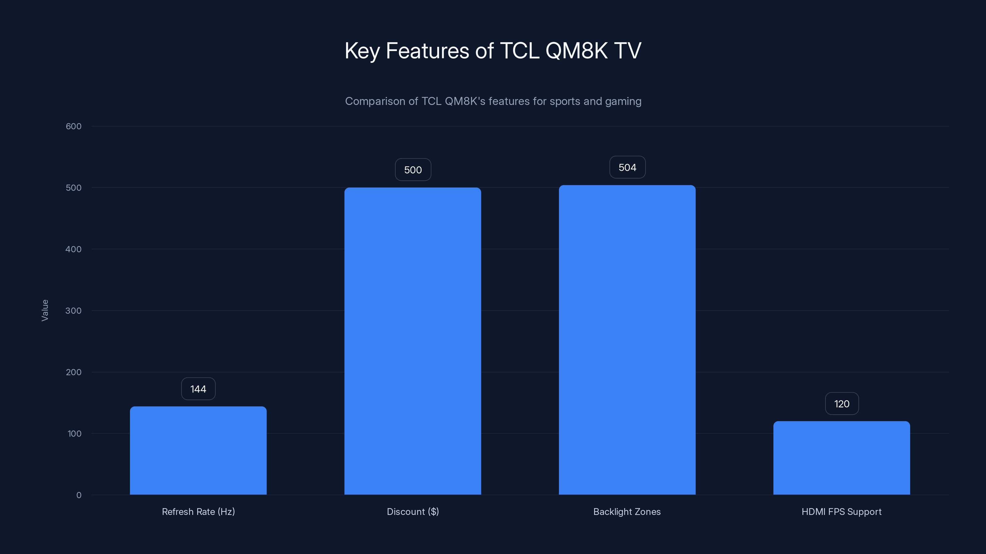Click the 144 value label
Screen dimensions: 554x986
coord(198,389)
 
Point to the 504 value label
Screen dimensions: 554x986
coord(627,167)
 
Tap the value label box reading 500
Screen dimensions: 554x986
coord(413,170)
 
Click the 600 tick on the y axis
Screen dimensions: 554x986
coord(74,126)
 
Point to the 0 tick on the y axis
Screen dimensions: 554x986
coord(79,495)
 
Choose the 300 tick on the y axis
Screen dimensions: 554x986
coord(74,311)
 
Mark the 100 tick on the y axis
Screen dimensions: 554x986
coord(74,434)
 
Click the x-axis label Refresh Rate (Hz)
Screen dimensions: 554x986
coord(198,512)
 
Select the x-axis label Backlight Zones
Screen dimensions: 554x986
coord(627,512)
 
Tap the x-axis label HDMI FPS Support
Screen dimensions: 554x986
coord(841,512)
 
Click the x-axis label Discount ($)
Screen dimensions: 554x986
coord(413,512)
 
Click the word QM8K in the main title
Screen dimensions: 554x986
coord(577,50)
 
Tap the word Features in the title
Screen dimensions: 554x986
coord(427,50)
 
